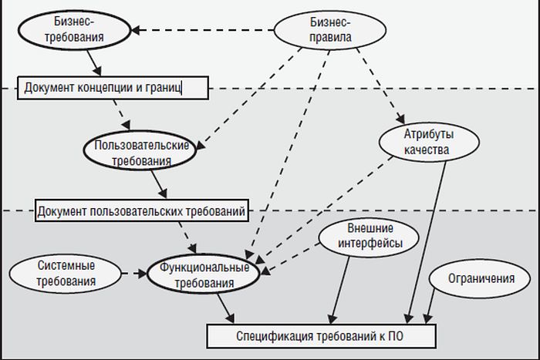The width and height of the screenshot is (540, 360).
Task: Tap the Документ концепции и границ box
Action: pyautogui.click(x=113, y=87)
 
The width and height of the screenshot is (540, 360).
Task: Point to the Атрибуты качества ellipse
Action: pyautogui.click(x=426, y=141)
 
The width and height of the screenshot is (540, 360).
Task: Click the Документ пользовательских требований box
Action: pyautogui.click(x=141, y=210)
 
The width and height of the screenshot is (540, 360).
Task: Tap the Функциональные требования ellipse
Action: pyautogui.click(x=204, y=276)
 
